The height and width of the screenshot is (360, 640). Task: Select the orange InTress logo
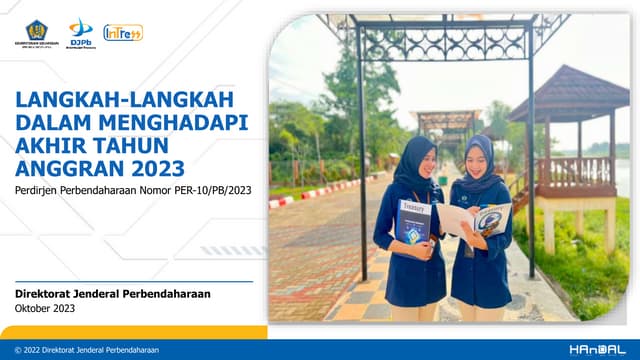pos(122,32)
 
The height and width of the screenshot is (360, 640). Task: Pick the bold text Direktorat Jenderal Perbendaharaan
pos(113,294)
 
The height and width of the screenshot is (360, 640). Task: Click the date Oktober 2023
pos(47,309)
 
